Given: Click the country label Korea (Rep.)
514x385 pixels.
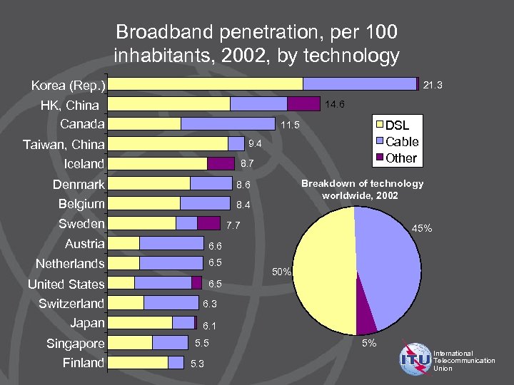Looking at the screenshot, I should click(69, 86).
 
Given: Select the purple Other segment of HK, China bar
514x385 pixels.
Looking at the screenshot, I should click(303, 104).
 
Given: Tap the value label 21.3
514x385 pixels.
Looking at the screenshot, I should click(433, 86).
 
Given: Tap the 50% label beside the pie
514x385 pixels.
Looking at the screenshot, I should click(281, 272).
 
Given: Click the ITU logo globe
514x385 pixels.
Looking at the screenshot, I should click(415, 359).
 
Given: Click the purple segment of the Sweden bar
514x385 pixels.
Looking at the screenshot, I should click(208, 223).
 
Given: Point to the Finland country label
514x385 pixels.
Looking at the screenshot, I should click(83, 363).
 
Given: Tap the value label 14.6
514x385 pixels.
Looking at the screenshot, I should click(335, 105).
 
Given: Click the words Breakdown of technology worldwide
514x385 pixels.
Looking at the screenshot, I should click(362, 189).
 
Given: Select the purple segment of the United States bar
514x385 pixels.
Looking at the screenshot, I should click(196, 283).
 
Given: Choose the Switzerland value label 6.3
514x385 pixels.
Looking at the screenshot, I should click(209, 304).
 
